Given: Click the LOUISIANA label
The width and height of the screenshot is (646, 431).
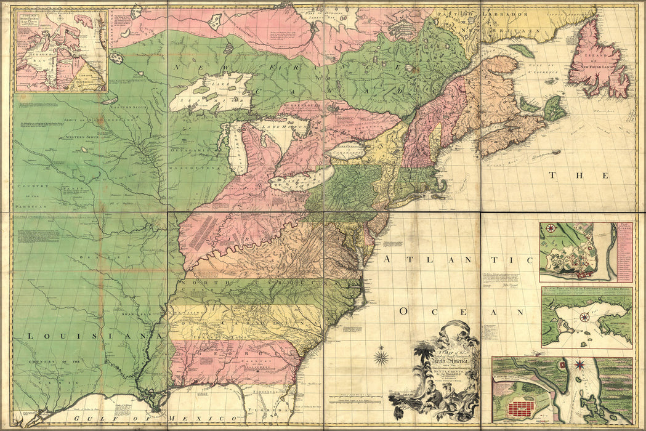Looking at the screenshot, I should [86, 336].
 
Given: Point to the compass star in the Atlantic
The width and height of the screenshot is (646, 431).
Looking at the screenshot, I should [382, 356].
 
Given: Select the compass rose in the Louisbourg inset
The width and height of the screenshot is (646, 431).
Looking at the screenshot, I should [584, 318].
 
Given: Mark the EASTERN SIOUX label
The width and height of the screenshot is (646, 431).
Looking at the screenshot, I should [129, 107].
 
